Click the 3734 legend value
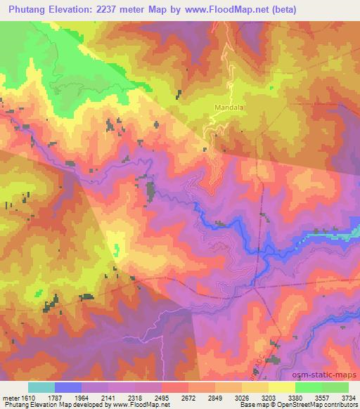tap(349, 397)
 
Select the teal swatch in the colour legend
tap(41, 387)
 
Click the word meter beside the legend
tap(9, 397)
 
